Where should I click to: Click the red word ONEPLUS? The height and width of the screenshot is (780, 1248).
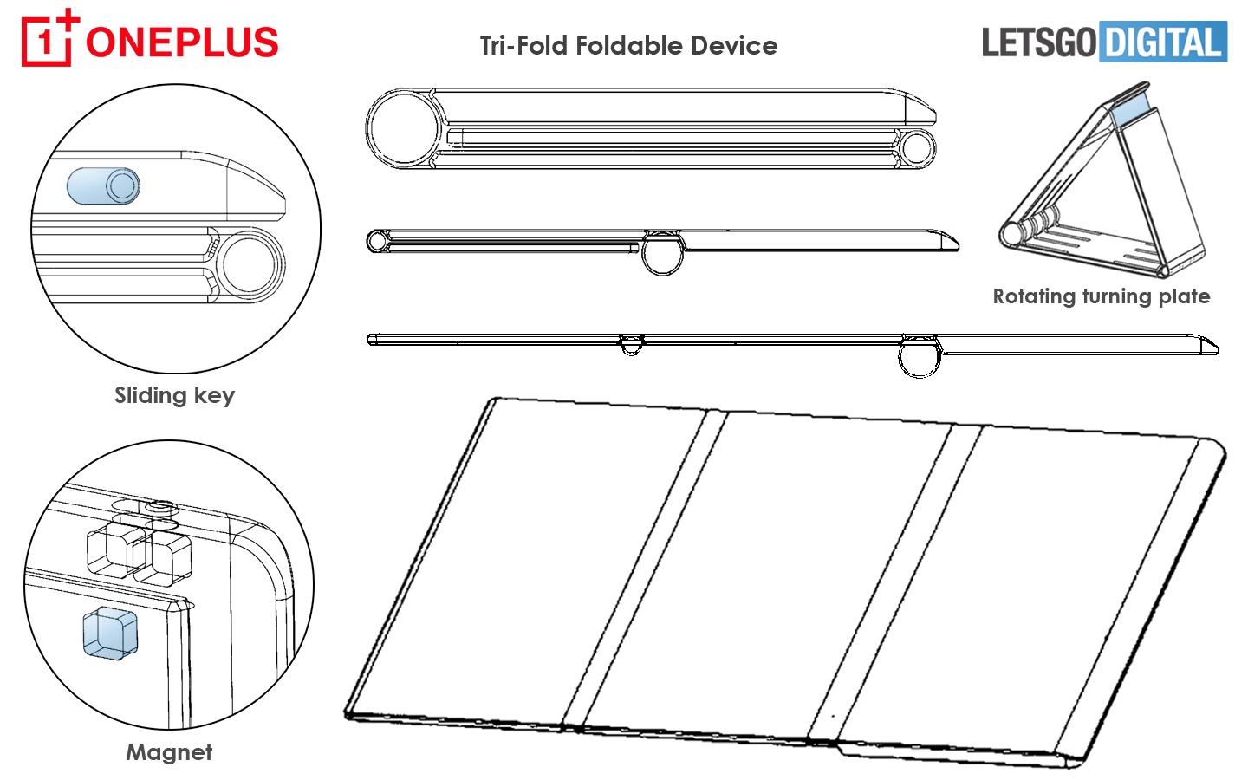[x=182, y=42]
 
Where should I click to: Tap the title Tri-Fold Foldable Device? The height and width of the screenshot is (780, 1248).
[x=628, y=46]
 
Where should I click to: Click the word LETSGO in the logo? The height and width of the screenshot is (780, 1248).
[x=1038, y=42]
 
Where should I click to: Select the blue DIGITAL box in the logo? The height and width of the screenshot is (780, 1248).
[x=1162, y=42]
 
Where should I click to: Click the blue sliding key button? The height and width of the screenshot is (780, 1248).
[x=103, y=186]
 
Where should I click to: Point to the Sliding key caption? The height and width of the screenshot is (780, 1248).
[x=174, y=396]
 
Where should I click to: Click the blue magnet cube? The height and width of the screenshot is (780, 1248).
[x=110, y=634]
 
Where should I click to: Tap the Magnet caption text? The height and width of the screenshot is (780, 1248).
[x=169, y=752]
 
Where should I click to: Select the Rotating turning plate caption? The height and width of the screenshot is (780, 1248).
[x=1101, y=296]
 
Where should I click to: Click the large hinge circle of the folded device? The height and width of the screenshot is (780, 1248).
[x=405, y=128]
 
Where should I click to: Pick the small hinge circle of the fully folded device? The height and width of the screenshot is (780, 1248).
[x=916, y=147]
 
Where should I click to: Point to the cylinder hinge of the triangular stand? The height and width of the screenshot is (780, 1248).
[x=1011, y=234]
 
